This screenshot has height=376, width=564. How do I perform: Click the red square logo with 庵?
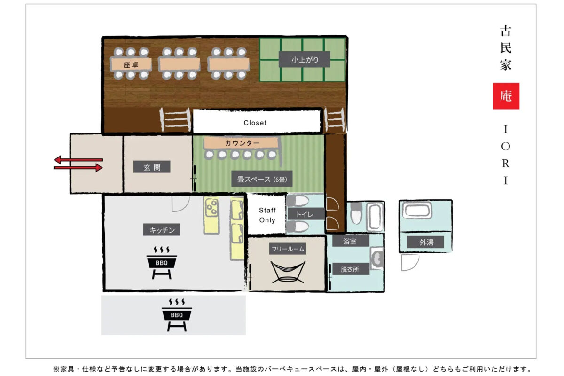coord(506,96)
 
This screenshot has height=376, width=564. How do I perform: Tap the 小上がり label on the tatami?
coord(305,59)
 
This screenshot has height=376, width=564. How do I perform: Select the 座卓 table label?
coord(131,65)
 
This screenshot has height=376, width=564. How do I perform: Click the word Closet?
coord(255,123)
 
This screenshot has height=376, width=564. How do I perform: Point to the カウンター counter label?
coord(242,143)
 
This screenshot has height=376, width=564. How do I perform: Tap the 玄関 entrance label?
coord(152,167)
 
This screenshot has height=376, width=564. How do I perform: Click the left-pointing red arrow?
coord(78,160)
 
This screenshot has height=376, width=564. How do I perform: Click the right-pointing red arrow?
coord(78,168)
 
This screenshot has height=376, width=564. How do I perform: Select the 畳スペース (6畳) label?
coord(262,179)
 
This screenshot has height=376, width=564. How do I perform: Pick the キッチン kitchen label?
coord(162,230)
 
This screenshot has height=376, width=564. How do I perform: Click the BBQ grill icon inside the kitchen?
coord(162,263)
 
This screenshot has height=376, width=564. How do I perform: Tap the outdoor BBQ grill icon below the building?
coord(177,315)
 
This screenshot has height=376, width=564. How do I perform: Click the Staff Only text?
coord(267,215)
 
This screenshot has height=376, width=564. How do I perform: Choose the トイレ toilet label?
coord(305,214)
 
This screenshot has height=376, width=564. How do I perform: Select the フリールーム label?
coord(288,249)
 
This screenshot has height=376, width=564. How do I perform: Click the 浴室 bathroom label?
coord(350,241)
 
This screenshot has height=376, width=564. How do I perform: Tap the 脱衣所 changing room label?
coord(350,269)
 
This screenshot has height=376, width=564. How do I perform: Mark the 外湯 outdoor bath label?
coord(425,242)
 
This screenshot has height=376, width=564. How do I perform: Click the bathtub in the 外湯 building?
coord(417,210)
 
